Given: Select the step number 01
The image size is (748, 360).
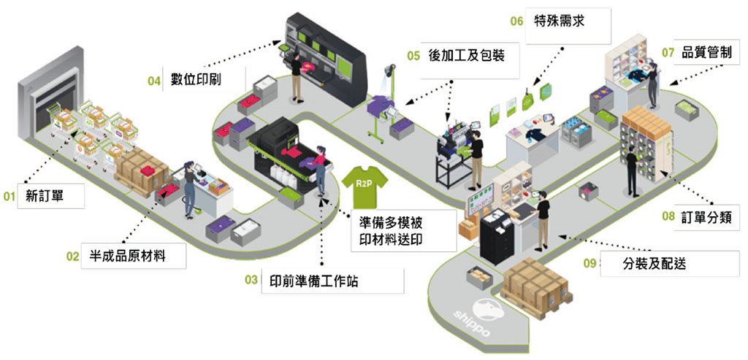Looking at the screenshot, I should (x=9, y=196).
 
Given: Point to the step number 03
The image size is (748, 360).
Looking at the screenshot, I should (x=251, y=280).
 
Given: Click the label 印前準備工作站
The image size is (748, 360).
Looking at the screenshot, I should (x=310, y=280).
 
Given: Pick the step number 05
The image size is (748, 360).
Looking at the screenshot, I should (x=413, y=54).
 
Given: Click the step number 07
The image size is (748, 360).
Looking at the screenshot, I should (x=668, y=53).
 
